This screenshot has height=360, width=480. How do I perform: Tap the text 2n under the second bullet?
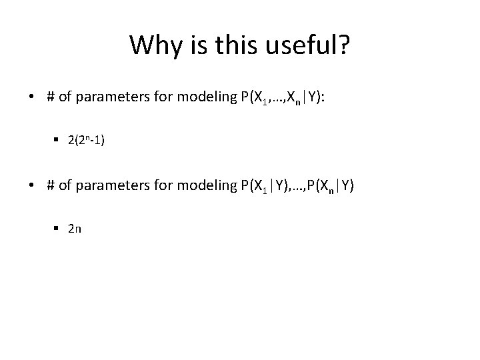[75, 229]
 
